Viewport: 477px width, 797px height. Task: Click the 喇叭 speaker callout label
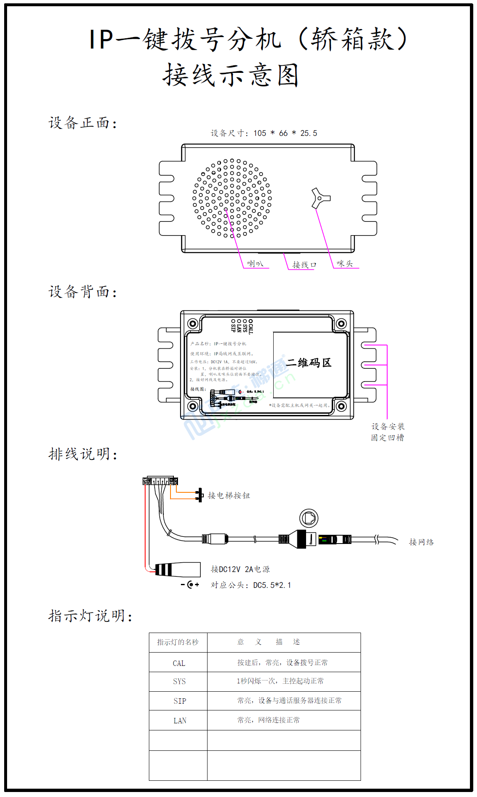255,263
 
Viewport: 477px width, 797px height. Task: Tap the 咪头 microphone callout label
345,263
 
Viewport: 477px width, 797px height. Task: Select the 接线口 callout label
304,265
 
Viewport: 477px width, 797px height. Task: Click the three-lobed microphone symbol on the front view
320,198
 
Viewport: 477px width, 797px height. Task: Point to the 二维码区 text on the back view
309,362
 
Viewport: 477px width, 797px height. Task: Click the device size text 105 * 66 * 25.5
264,133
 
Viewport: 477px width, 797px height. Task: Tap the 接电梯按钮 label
229,495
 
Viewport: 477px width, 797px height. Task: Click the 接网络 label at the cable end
421,542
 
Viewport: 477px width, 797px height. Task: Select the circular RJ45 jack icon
309,518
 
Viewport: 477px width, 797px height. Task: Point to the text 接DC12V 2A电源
240,569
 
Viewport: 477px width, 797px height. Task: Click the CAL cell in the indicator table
179,663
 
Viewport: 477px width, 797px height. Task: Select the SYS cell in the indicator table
179,681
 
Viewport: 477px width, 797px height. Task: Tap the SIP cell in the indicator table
180,701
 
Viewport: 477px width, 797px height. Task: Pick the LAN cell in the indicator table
180,720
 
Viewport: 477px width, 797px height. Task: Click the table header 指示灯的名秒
178,642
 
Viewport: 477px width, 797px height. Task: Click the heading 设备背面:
83,292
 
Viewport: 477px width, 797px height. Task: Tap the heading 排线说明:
83,454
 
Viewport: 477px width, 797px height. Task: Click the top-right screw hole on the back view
341,323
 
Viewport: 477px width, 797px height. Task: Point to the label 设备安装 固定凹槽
388,432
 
